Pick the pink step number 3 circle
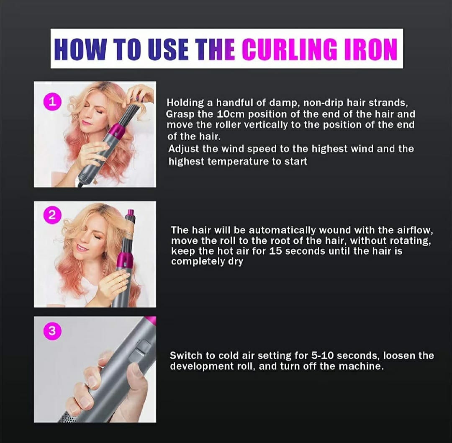[51, 331]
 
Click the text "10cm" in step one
[231, 114]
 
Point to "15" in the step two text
[276, 251]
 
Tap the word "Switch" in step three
[186, 356]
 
